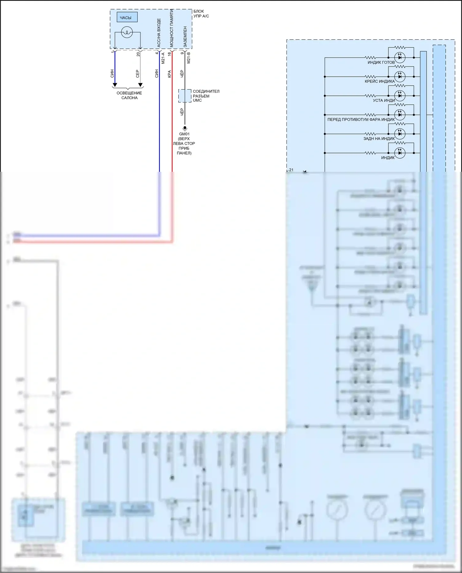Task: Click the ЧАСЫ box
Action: tap(127, 17)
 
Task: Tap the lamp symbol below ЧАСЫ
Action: tap(127, 32)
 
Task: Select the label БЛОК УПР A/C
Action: tap(201, 14)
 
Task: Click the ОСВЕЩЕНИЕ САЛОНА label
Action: tap(129, 95)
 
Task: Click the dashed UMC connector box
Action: tap(185, 96)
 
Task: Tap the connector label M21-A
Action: tap(163, 58)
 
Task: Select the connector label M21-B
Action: tap(188, 58)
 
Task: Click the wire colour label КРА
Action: tap(169, 74)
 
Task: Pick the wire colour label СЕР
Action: tap(138, 74)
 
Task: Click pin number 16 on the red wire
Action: tap(169, 54)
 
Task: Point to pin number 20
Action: tap(138, 54)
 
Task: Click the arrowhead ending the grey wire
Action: tap(140, 85)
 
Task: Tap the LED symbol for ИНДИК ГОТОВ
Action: tap(400, 57)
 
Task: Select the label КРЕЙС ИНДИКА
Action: tap(379, 81)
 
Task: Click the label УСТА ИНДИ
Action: tap(384, 100)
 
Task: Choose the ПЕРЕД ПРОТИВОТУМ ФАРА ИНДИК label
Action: tap(361, 119)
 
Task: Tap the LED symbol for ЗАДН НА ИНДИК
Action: tap(400, 134)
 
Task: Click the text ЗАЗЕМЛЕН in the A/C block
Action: tap(185, 36)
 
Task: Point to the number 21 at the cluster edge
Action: tap(291, 170)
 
